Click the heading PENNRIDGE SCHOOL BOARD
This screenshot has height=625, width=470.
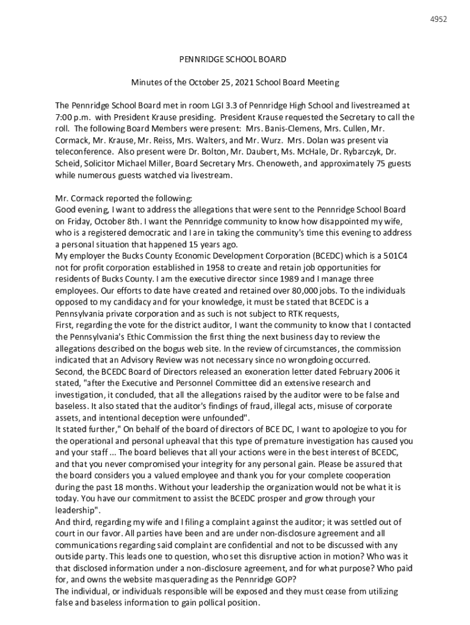click(232, 60)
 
